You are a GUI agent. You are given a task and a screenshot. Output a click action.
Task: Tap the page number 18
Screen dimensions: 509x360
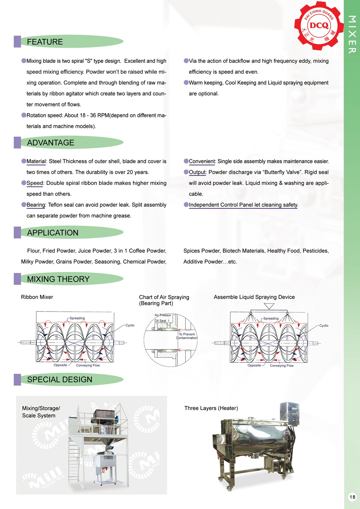[352, 497]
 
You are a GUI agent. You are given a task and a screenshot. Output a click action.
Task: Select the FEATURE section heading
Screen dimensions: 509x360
[45, 42]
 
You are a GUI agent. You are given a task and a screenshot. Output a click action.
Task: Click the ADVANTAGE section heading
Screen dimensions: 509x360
[51, 143]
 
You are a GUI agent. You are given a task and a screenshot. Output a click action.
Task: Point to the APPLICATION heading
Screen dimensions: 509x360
[53, 233]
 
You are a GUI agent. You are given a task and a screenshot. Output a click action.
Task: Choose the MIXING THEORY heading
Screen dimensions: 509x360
[58, 279]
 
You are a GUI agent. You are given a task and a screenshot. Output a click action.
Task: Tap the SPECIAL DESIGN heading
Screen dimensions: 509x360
[60, 380]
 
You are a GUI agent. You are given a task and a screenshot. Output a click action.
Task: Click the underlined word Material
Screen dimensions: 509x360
[36, 161]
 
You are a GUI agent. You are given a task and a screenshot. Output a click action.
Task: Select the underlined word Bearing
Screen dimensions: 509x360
[36, 205]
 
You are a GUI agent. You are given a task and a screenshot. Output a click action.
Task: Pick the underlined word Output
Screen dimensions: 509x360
[197, 172]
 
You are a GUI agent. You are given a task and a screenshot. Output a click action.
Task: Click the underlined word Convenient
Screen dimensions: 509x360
[202, 161]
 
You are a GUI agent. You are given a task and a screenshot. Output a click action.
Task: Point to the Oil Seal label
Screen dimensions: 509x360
[160, 321]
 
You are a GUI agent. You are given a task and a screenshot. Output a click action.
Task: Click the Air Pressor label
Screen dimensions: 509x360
[163, 315]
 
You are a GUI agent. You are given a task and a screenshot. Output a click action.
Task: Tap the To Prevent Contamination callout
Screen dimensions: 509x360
[187, 336]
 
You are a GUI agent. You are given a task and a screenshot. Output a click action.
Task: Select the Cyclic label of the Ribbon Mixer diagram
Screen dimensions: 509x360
[130, 325]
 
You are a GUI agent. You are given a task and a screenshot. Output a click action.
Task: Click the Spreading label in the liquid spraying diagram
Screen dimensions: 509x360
[271, 318]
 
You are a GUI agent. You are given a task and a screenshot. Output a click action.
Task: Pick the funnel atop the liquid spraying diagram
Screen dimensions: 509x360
[269, 306]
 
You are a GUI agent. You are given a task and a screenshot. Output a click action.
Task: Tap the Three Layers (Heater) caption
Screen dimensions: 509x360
[211, 408]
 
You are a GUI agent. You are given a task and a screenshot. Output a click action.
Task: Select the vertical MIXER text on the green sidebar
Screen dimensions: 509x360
[352, 34]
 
